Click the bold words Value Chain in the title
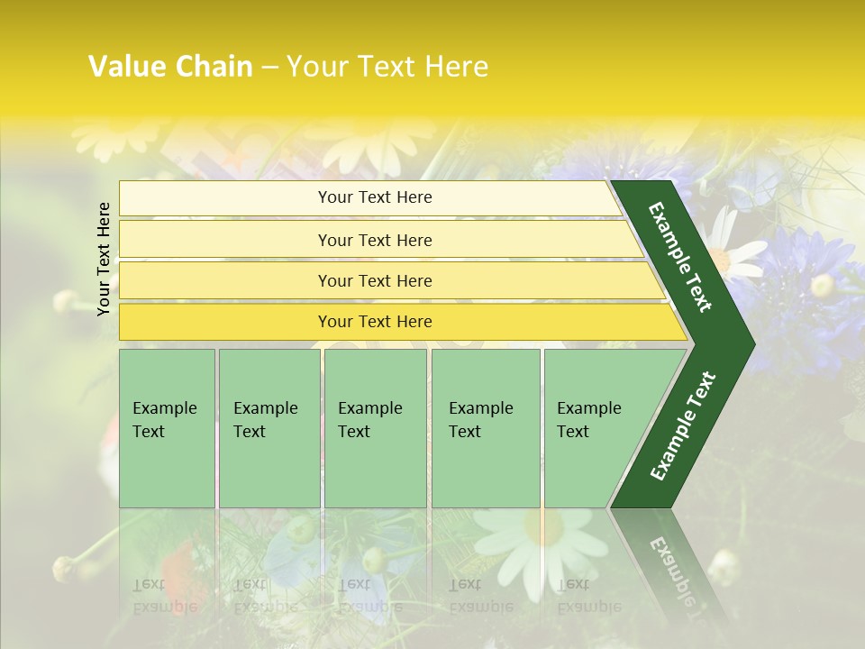[170, 67]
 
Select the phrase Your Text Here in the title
[387, 67]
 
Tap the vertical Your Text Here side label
[104, 259]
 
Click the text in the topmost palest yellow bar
[375, 197]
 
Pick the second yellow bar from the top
[375, 240]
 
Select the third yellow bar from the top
[375, 280]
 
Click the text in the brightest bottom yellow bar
[375, 322]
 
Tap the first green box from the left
[167, 428]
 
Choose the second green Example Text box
[269, 428]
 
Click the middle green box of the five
[375, 428]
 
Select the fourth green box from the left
[486, 428]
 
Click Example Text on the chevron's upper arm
[680, 257]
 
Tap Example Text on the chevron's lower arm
[683, 425]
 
